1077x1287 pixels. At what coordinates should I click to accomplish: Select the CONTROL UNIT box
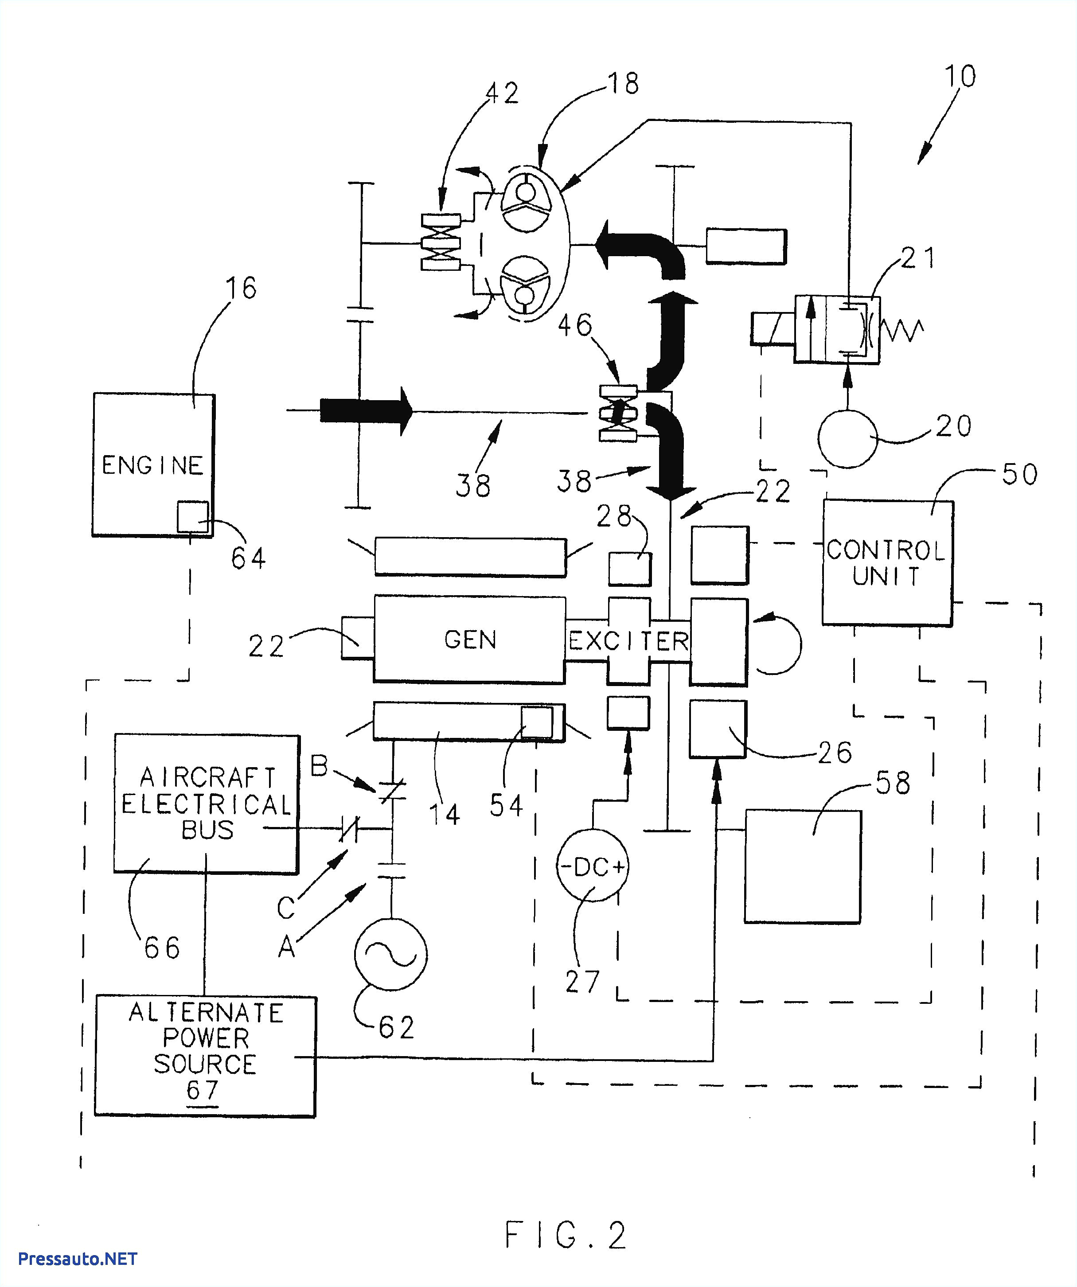click(x=887, y=562)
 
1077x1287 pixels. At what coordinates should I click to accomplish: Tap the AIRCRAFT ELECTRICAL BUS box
click(x=206, y=803)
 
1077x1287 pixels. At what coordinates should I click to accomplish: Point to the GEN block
click(x=469, y=639)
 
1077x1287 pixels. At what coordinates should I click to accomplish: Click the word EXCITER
click(x=629, y=641)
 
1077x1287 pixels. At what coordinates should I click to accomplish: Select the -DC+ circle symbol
click(x=592, y=866)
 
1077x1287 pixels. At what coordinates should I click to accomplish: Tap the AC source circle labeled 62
click(x=390, y=954)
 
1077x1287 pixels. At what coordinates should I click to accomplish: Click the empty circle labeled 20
click(x=848, y=439)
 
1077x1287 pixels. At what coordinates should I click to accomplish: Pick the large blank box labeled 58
click(x=802, y=866)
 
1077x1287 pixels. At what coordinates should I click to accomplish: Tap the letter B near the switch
click(x=320, y=765)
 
